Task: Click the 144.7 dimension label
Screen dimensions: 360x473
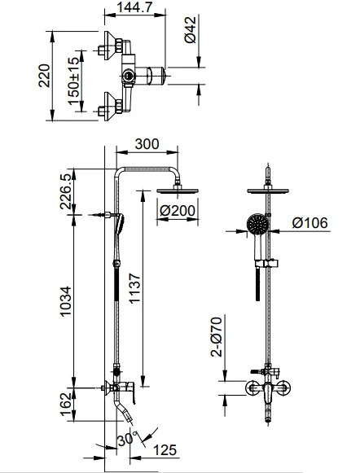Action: point(134,7)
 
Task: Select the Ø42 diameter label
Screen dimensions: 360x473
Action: point(191,30)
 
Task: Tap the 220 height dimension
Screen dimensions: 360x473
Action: point(44,76)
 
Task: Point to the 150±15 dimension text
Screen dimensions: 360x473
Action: point(73,81)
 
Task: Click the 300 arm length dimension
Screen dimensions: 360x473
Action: point(147,144)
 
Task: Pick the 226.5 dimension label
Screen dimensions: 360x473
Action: point(66,191)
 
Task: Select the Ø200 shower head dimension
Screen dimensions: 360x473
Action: point(178,210)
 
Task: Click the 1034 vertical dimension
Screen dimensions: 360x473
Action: point(66,301)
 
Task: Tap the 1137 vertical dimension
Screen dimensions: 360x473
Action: point(134,288)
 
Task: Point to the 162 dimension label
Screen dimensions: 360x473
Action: point(66,405)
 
